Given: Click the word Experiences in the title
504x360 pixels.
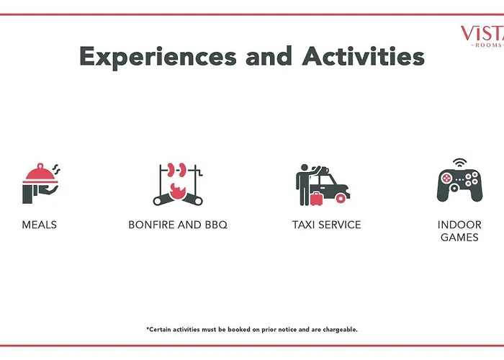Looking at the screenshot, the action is pyautogui.click(x=158, y=57).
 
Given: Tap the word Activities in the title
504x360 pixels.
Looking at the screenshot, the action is pyautogui.click(x=363, y=55).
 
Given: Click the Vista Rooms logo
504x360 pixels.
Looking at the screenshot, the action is pyautogui.click(x=483, y=36).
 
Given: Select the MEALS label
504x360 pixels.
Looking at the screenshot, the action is pyautogui.click(x=39, y=225).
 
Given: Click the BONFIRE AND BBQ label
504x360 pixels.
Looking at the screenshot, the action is pyautogui.click(x=178, y=225).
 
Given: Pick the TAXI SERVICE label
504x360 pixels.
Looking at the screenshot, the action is pyautogui.click(x=327, y=225).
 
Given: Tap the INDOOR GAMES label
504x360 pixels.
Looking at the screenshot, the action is pyautogui.click(x=459, y=231).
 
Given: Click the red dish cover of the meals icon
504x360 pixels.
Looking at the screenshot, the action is pyautogui.click(x=40, y=173).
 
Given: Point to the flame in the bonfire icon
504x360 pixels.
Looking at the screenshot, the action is pyautogui.click(x=177, y=192).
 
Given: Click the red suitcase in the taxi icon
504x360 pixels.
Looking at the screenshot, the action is pyautogui.click(x=316, y=199).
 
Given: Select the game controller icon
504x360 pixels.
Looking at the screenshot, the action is pyautogui.click(x=459, y=186).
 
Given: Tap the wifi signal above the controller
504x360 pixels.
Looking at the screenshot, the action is pyautogui.click(x=459, y=163).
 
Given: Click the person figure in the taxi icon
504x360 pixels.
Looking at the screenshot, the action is pyautogui.click(x=304, y=185).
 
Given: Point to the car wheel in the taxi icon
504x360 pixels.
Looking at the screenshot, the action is pyautogui.click(x=341, y=198).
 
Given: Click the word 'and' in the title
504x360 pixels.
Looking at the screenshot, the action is pyautogui.click(x=269, y=55).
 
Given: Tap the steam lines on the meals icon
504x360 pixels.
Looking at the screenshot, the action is pyautogui.click(x=57, y=169).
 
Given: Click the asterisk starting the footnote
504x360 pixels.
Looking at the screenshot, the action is pyautogui.click(x=148, y=328).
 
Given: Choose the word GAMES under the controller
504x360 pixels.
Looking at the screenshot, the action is pyautogui.click(x=459, y=237).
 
